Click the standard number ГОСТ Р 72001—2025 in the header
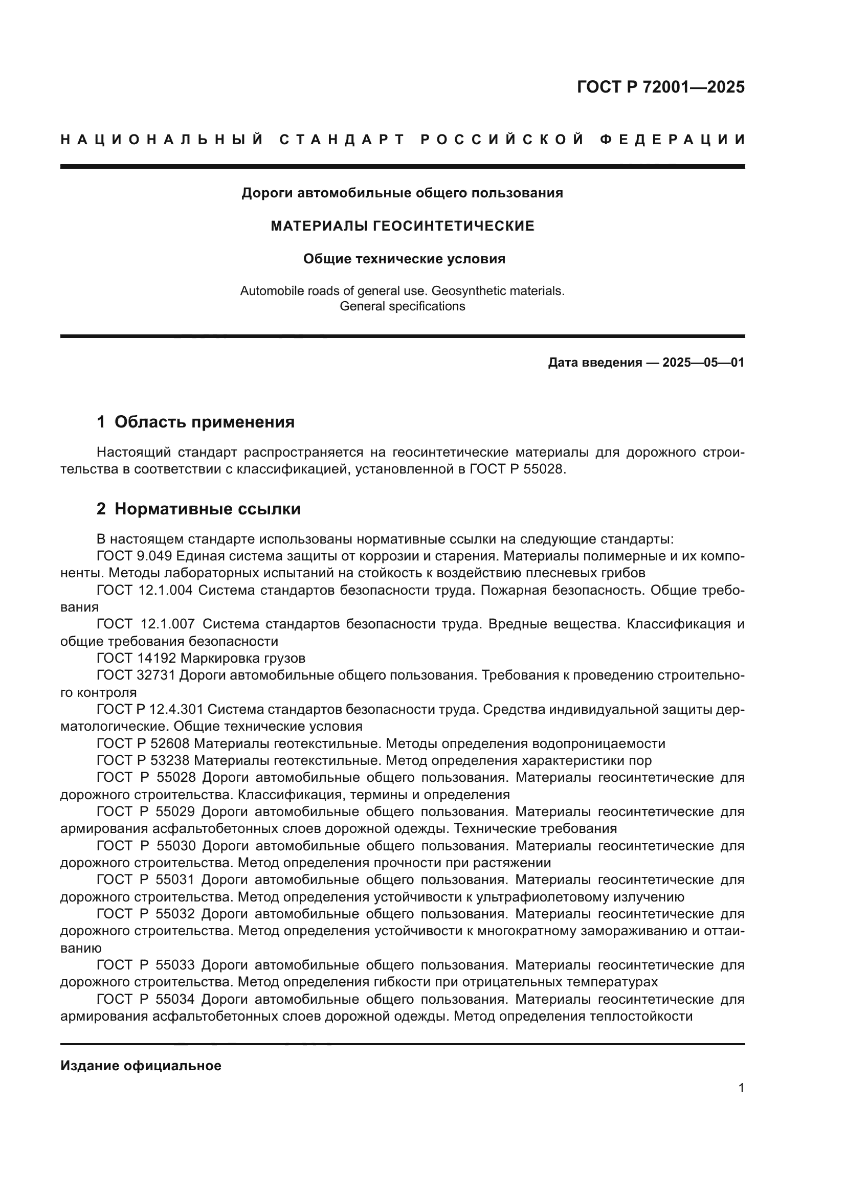(x=660, y=87)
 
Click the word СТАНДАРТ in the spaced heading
(x=342, y=140)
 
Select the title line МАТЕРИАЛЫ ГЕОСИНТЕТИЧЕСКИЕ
(x=402, y=226)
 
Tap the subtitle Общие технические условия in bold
(x=404, y=259)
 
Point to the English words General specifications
(x=402, y=306)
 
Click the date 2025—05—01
(x=703, y=363)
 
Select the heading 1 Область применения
(x=195, y=422)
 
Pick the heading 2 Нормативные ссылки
(x=198, y=509)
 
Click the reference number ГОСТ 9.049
(x=135, y=556)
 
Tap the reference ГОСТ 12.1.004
(x=145, y=590)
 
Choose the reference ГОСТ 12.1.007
(x=146, y=624)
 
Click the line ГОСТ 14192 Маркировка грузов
(x=201, y=659)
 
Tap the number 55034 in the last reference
(x=175, y=1000)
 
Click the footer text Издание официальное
(x=141, y=1066)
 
